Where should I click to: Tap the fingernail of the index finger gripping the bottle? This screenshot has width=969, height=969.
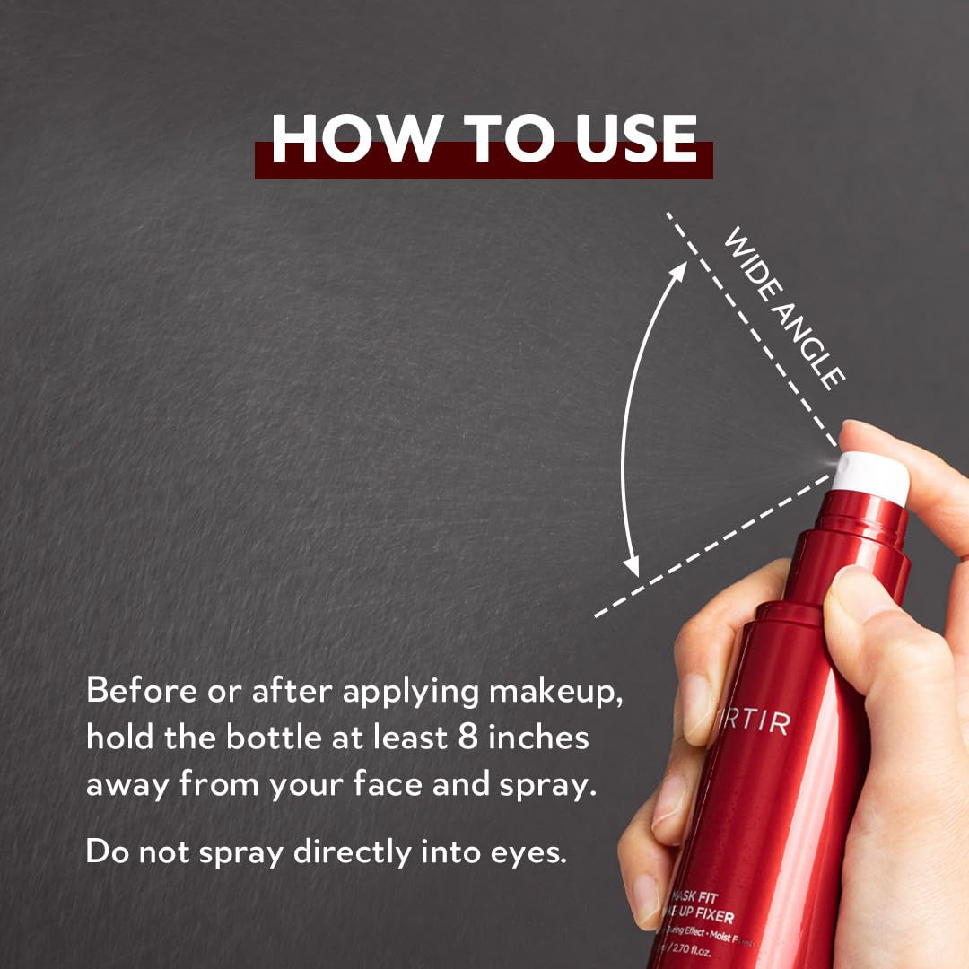tap(697, 699)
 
